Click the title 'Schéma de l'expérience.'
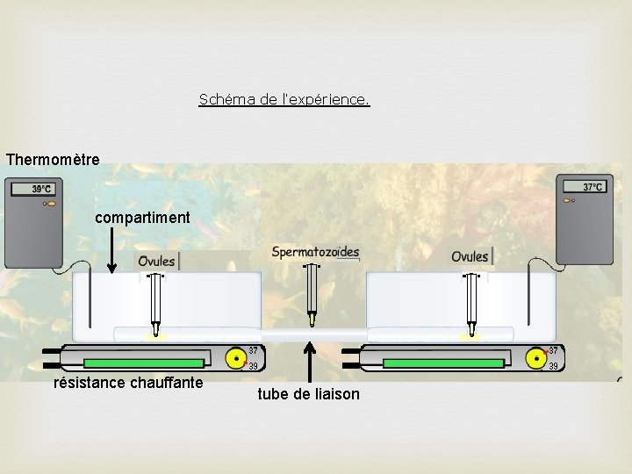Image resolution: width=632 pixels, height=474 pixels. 284,100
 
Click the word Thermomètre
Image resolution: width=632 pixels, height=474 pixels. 53,160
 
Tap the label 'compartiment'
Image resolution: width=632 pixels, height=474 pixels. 141,217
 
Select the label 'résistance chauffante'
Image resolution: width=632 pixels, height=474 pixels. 128,383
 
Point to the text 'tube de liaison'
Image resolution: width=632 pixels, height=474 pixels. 308,394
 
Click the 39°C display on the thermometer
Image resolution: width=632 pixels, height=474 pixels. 41,189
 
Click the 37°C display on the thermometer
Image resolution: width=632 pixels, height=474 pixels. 592,186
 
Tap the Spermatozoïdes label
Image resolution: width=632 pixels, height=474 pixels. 315,253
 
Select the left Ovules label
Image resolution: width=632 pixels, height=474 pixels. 156,261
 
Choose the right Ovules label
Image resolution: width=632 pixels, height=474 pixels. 470,256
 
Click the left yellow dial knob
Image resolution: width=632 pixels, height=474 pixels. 236,358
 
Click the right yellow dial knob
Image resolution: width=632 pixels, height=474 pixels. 535,358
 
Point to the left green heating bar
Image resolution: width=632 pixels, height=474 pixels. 143,363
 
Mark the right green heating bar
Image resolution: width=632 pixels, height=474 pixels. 442,363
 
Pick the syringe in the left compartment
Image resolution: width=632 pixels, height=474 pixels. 156,303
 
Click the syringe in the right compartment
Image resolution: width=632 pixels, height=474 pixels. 471,303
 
